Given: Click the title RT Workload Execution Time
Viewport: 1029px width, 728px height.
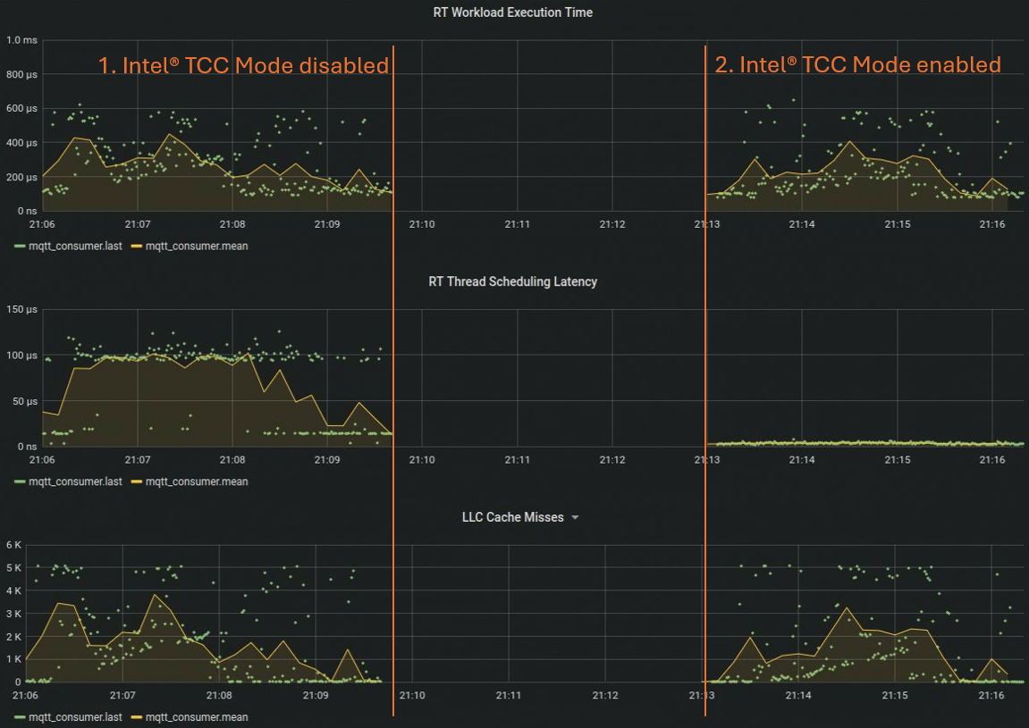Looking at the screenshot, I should click(x=513, y=13).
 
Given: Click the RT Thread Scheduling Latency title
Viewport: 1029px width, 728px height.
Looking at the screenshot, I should click(x=513, y=281).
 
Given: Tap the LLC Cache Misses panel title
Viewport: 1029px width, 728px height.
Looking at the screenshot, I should click(x=512, y=517).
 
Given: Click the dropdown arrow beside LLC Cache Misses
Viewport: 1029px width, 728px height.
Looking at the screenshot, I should click(x=575, y=518).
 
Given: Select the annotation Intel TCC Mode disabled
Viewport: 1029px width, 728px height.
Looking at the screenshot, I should click(x=243, y=65).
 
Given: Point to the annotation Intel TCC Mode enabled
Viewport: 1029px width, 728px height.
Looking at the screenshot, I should click(x=857, y=64).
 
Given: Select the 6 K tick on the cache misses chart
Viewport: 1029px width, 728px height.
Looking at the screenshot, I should click(x=13, y=545).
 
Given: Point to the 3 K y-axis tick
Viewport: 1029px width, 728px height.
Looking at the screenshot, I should click(x=13, y=614).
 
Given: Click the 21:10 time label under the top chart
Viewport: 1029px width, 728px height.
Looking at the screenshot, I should click(x=422, y=224).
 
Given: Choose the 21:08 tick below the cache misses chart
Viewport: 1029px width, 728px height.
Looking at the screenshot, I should click(x=219, y=696).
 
